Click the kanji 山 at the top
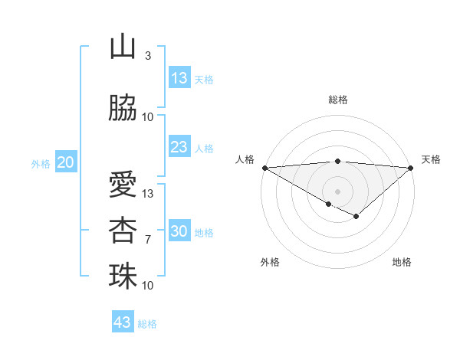[x=123, y=47]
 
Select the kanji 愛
[x=123, y=185]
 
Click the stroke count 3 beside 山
[x=148, y=56]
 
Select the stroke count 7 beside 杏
[x=148, y=240]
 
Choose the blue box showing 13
[x=179, y=78]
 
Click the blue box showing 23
[x=179, y=147]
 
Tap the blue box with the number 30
[x=179, y=231]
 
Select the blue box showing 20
[x=66, y=162]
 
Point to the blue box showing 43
[x=123, y=322]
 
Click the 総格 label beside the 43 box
[x=147, y=324]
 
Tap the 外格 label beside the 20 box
[x=41, y=164]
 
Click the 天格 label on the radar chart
[x=431, y=159]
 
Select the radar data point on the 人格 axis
[x=264, y=168]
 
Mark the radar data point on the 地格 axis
[x=356, y=217]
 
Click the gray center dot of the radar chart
[x=337, y=191]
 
